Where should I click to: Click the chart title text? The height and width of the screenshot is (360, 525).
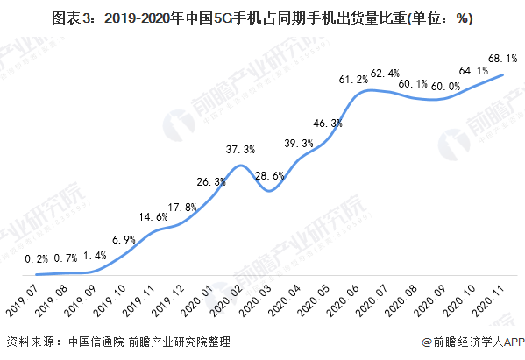click(x=263, y=17)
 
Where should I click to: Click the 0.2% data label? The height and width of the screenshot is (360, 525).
click(x=37, y=258)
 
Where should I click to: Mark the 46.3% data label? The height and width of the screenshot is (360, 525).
click(x=326, y=124)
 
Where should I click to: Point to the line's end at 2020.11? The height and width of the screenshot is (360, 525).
click(x=502, y=74)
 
